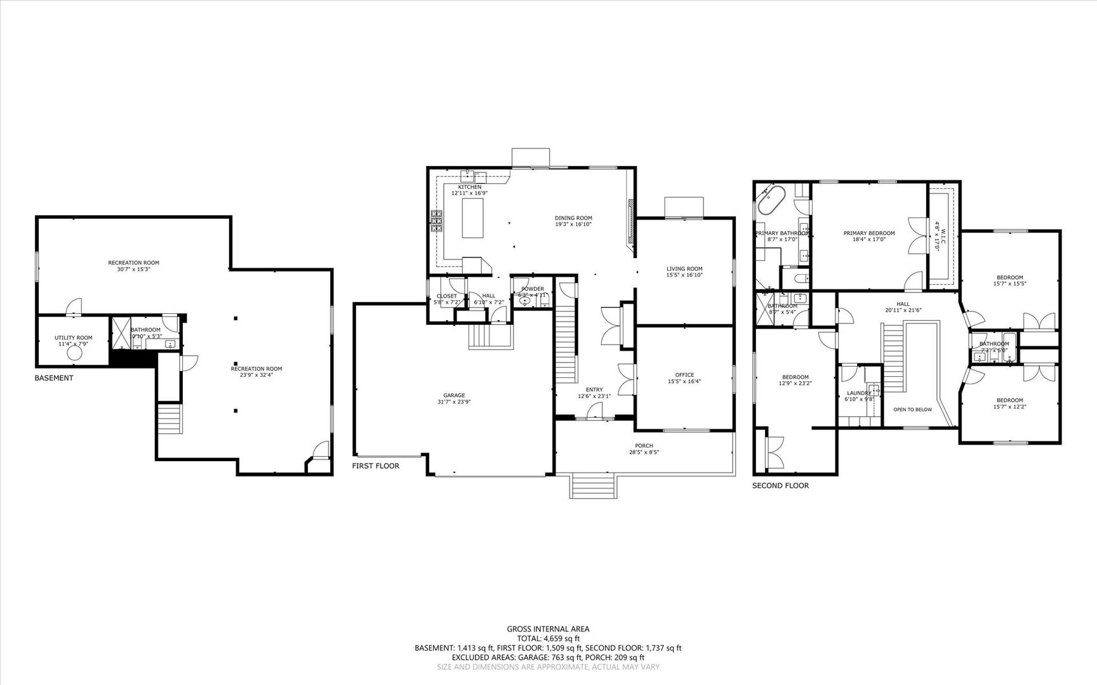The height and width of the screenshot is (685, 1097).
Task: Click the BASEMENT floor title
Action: [x=53, y=378]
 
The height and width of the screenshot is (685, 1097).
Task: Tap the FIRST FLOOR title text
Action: [x=376, y=466]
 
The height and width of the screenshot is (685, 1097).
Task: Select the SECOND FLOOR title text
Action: [x=780, y=486]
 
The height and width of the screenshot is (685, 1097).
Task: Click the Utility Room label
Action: [x=73, y=338]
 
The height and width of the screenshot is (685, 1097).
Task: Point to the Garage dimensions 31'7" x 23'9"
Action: [x=454, y=401]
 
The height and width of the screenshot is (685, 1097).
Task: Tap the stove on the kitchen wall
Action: [x=437, y=221]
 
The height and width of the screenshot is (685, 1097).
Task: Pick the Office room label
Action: [x=684, y=375]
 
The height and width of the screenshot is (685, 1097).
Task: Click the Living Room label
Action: [x=684, y=268]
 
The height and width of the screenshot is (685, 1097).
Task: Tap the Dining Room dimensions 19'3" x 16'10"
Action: [x=573, y=224]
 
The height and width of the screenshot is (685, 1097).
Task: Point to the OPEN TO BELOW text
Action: [x=912, y=410]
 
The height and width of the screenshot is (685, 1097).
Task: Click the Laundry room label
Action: [x=859, y=393]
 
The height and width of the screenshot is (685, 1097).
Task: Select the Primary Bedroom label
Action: [x=868, y=233]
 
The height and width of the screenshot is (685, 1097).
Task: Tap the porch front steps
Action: [x=594, y=486]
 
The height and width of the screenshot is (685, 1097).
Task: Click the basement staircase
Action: [x=170, y=419]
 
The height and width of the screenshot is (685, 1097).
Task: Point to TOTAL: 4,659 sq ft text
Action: [x=548, y=639]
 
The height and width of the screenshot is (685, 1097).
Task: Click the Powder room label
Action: [x=533, y=289]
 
